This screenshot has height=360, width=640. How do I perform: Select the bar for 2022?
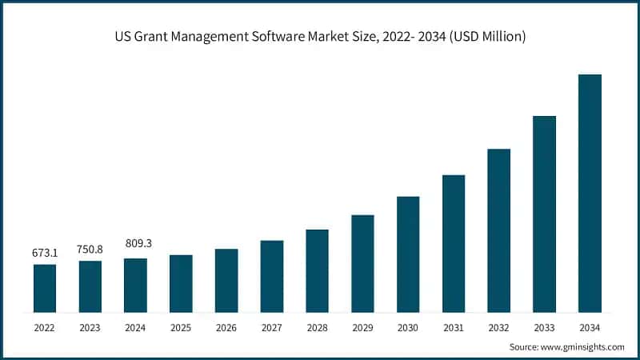45,288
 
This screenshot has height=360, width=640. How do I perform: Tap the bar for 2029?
362,263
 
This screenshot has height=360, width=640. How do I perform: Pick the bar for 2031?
454,243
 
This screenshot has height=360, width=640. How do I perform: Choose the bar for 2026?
226,280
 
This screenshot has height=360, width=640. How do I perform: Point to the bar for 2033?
544,214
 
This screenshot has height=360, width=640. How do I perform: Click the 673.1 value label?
45,253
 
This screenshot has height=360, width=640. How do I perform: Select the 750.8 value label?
90,249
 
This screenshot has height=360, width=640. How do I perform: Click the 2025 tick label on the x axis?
181,328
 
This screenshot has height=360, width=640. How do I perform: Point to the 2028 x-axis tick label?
317,328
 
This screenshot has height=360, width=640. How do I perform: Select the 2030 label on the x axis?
408,328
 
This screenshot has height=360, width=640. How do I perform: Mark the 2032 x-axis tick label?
498,328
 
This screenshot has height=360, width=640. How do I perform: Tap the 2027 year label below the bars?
272,328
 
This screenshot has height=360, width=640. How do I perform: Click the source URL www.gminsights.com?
582,347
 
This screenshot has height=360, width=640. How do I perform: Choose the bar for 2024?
136,285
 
